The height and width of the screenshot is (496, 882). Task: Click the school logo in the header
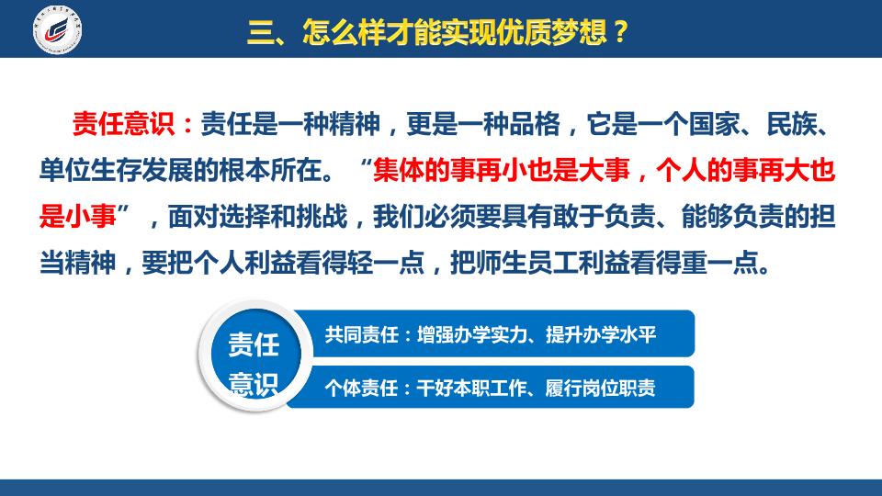tap(57, 29)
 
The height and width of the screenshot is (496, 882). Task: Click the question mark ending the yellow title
tap(620, 32)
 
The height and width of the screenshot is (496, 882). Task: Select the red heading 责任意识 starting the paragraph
tap(124, 124)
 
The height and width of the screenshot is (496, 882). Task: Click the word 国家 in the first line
tap(715, 124)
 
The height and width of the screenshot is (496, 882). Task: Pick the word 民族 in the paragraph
tap(792, 124)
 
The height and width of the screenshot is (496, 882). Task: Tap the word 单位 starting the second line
tap(64, 170)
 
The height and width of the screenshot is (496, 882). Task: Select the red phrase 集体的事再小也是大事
tap(502, 170)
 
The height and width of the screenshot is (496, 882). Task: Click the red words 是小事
tap(77, 216)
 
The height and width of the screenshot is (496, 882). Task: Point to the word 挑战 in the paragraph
tap(322, 216)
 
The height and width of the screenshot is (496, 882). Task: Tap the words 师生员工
tap(526, 262)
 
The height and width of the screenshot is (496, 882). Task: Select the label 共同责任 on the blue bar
tap(362, 335)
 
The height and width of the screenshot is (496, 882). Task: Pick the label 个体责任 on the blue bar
tap(362, 388)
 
